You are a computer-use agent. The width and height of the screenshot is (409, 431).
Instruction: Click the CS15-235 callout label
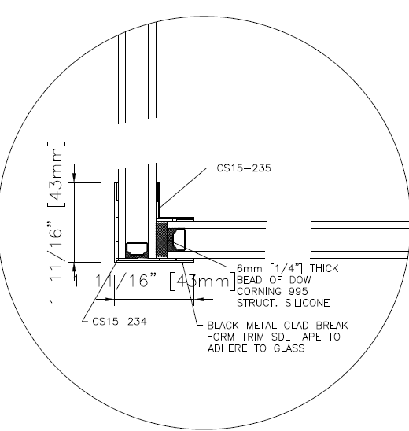pyautogui.click(x=244, y=168)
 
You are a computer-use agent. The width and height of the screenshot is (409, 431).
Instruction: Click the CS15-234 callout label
pyautogui.click(x=120, y=322)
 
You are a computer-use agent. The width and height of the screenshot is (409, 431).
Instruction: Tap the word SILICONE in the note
pyautogui.click(x=308, y=303)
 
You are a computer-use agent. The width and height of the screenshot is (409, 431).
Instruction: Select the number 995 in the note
pyautogui.click(x=299, y=291)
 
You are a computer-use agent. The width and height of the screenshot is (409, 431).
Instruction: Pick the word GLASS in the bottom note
pyautogui.click(x=289, y=348)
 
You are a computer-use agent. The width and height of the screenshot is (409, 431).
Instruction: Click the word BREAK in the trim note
pyautogui.click(x=332, y=326)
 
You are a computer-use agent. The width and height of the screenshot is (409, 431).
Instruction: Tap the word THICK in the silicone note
pyautogui.click(x=324, y=268)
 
